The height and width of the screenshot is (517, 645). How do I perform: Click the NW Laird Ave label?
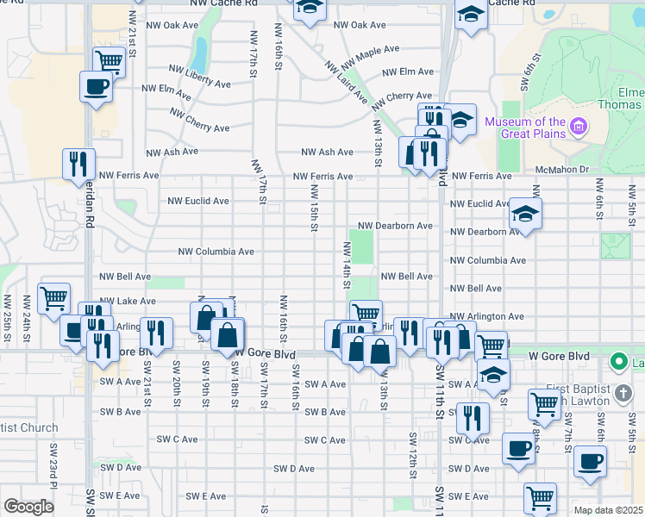(x=347, y=84)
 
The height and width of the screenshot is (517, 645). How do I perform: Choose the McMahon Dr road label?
(x=560, y=170)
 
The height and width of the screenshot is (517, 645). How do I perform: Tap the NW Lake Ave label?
(x=128, y=302)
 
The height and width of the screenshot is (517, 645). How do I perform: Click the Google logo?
(x=28, y=507)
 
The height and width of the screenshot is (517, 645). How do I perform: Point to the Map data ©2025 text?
(x=608, y=510)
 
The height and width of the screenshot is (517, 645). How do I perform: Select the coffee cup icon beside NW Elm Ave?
(x=96, y=87)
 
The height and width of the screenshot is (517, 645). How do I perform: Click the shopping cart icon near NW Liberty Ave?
(x=110, y=61)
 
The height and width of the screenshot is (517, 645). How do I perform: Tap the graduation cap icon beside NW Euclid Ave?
(x=525, y=214)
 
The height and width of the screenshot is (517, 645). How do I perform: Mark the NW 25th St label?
(x=7, y=314)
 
